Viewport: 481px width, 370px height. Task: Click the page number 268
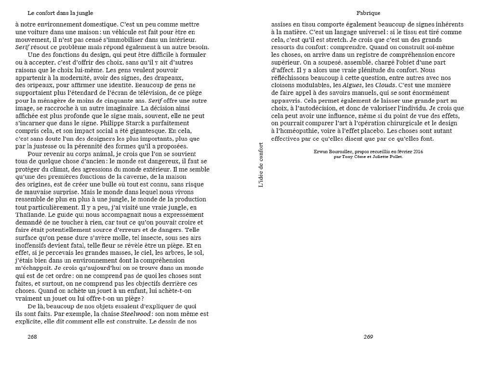32,337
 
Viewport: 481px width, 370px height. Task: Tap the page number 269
368,337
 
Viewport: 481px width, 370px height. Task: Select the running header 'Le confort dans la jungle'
60,13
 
